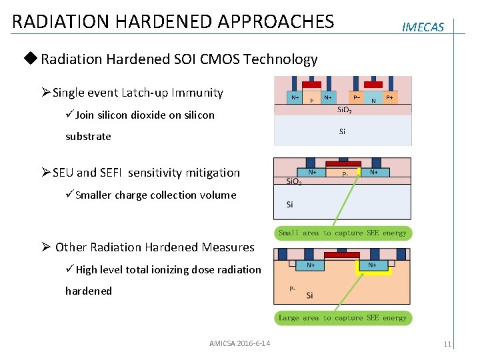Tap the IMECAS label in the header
(423, 27)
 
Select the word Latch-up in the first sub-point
(197, 93)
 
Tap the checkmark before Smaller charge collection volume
(69, 195)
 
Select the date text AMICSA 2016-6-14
(239, 343)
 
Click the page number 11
(447, 344)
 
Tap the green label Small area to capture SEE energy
(343, 233)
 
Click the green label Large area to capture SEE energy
(343, 318)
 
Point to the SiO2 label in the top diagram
(345, 110)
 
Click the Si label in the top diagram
(342, 131)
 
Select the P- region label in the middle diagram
(345, 175)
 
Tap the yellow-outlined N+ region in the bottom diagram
(372, 265)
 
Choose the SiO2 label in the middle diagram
(293, 182)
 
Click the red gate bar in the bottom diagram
(341, 255)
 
